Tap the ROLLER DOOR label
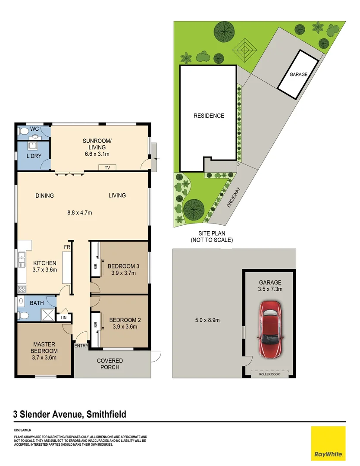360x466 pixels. click(269, 374)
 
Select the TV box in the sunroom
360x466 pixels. click(107, 167)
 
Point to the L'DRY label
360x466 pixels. click(34, 155)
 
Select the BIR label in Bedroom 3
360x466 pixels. click(95, 267)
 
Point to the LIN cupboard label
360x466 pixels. click(64, 318)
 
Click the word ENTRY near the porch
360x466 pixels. click(81, 346)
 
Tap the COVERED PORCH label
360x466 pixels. click(110, 364)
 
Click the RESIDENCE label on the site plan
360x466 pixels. click(209, 116)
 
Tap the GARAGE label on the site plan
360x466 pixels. click(298, 75)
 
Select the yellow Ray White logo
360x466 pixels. click(328, 443)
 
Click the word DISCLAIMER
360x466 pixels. click(22, 430)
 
